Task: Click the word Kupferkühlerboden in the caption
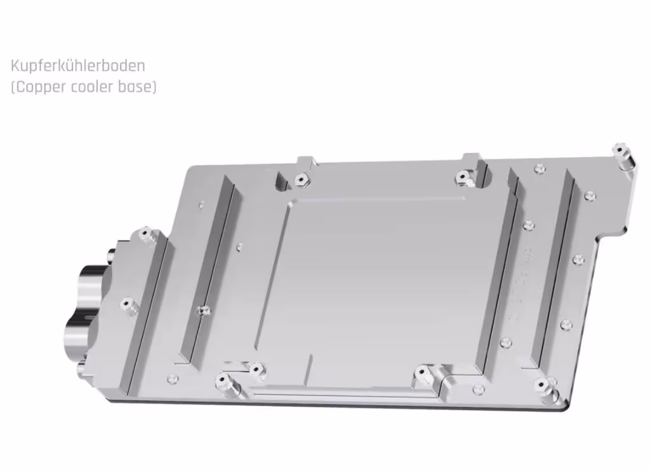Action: pos(78,65)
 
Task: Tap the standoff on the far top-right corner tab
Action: pos(620,150)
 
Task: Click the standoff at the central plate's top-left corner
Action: pos(300,180)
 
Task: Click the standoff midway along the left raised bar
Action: pos(204,310)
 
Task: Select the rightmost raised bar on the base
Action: pos(555,267)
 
